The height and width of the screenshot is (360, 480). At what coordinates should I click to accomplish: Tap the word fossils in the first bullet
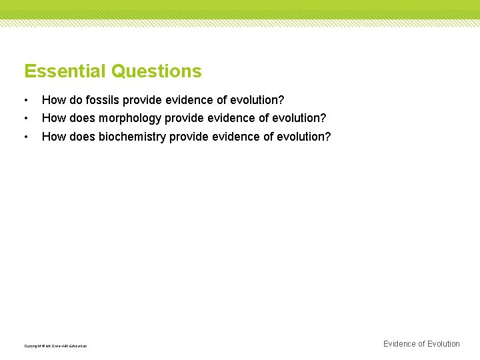[x=105, y=100]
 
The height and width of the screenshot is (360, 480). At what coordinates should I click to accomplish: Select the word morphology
[x=129, y=118]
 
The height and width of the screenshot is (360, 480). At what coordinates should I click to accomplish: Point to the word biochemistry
[x=132, y=137]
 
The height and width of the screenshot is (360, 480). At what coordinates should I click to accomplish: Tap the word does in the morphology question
[x=81, y=118]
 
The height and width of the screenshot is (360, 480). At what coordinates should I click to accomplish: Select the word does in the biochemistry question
[x=81, y=137]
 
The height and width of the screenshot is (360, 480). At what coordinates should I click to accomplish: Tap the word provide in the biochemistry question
[x=189, y=137]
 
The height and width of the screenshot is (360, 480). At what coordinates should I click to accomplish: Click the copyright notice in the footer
[x=55, y=346]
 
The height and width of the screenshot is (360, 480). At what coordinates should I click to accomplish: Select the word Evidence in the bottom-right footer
[x=399, y=344]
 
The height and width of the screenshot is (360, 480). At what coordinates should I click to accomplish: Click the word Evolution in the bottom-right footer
[x=443, y=344]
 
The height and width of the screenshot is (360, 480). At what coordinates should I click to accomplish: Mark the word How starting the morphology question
[x=53, y=118]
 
